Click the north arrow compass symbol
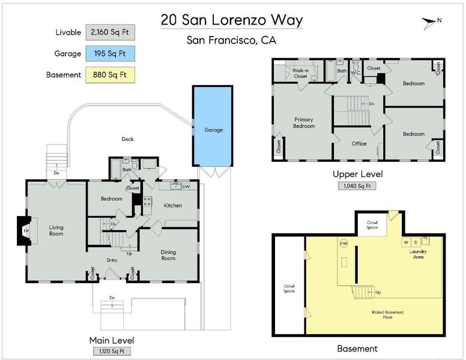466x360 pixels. pyautogui.click(x=429, y=23)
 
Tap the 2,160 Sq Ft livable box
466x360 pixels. pyautogui.click(x=110, y=32)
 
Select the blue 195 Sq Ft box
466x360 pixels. pyautogui.click(x=110, y=53)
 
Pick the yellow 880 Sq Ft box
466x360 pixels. pyautogui.click(x=110, y=75)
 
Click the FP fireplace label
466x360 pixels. pyautogui.click(x=26, y=231)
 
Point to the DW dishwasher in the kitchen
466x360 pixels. pyautogui.click(x=186, y=187)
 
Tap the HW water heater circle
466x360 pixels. pyautogui.click(x=344, y=244)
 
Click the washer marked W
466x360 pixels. pyautogui.click(x=406, y=242)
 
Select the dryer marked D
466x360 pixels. pyautogui.click(x=416, y=242)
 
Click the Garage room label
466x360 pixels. pyautogui.click(x=213, y=130)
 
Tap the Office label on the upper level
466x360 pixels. pyautogui.click(x=359, y=143)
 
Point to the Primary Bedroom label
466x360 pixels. pyautogui.click(x=304, y=122)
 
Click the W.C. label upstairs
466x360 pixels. pyautogui.click(x=356, y=73)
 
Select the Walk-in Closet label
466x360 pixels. pyautogui.click(x=300, y=73)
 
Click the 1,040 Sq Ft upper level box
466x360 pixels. pyautogui.click(x=357, y=186)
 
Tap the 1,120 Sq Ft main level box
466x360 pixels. pyautogui.click(x=112, y=351)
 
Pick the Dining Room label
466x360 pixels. pyautogui.click(x=168, y=255)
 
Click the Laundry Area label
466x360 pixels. pyautogui.click(x=418, y=254)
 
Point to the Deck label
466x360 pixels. pyautogui.click(x=128, y=139)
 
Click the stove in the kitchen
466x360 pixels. pyautogui.click(x=148, y=202)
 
